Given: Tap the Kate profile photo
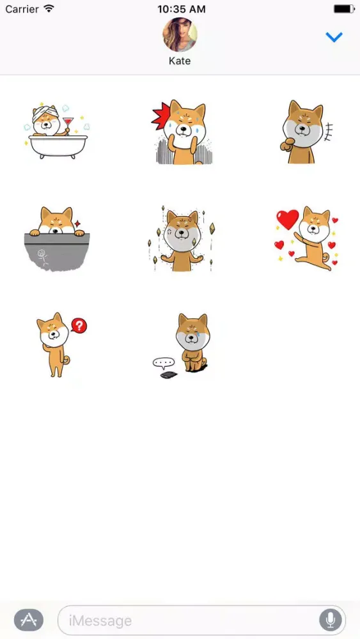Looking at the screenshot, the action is coord(180,35).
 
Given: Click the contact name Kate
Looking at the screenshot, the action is coord(180,61).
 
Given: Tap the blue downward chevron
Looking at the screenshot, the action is coord(334,38).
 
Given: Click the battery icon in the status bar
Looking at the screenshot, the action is coord(344,9).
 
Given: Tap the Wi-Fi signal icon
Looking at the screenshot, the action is coord(49,8).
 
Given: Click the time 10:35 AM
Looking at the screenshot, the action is coord(182,9).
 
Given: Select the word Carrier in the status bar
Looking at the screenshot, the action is coord(22,9).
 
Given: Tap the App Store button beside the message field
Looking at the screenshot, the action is coord(29,620).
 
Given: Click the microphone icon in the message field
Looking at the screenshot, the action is coord(330,620).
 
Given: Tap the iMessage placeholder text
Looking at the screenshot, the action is coord(100,620).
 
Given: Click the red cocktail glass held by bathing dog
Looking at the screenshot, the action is coord(68,124).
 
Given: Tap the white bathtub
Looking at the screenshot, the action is coord(58,146).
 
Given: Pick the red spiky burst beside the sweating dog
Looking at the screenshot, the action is coord(161,116).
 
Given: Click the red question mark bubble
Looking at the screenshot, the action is coord(79,326).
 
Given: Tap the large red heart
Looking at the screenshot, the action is coord(288,219).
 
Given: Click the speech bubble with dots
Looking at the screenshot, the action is coord(164,362).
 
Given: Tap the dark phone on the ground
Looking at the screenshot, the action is coord(168,374).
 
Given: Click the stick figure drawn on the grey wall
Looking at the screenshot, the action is coord(42,259).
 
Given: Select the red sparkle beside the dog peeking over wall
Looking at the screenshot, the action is coord(77,224).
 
